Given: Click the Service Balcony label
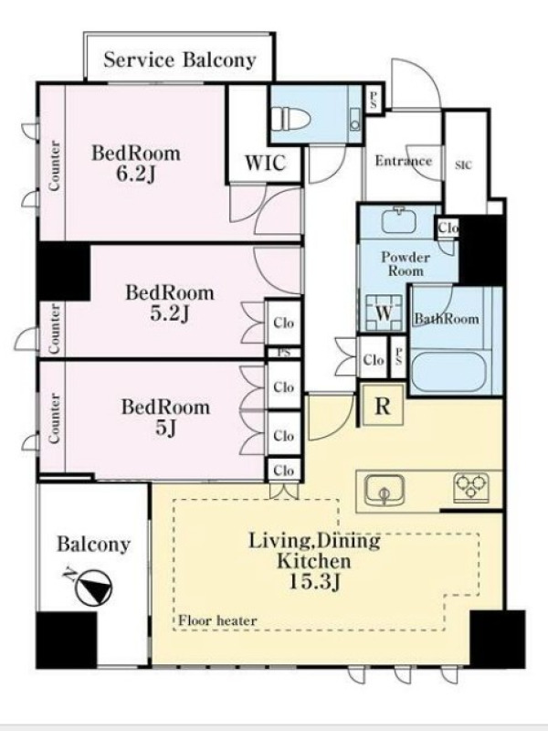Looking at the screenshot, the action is pyautogui.click(x=179, y=60).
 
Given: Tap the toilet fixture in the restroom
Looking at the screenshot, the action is pyautogui.click(x=292, y=118).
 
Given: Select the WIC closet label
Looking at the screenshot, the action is pyautogui.click(x=265, y=163).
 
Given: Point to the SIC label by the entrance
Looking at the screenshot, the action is pyautogui.click(x=463, y=165).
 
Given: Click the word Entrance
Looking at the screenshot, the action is pyautogui.click(x=404, y=161).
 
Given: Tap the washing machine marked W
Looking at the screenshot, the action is pyautogui.click(x=384, y=313).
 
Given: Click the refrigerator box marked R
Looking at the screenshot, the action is pyautogui.click(x=383, y=405).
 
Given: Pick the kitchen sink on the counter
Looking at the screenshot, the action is pyautogui.click(x=385, y=491).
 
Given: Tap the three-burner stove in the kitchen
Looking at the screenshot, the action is pyautogui.click(x=471, y=488).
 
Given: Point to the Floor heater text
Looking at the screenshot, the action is pyautogui.click(x=217, y=620).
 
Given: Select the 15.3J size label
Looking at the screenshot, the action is pyautogui.click(x=314, y=582).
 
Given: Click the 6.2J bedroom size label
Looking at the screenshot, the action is pyautogui.click(x=135, y=174).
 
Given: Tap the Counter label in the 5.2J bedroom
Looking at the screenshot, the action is pyautogui.click(x=55, y=328).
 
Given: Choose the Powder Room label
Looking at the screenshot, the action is pyautogui.click(x=406, y=264).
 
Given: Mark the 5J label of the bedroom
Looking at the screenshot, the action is pyautogui.click(x=165, y=429).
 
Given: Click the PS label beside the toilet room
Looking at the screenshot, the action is pyautogui.click(x=374, y=100).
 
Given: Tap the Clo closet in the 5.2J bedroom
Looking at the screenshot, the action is pyautogui.click(x=283, y=323).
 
